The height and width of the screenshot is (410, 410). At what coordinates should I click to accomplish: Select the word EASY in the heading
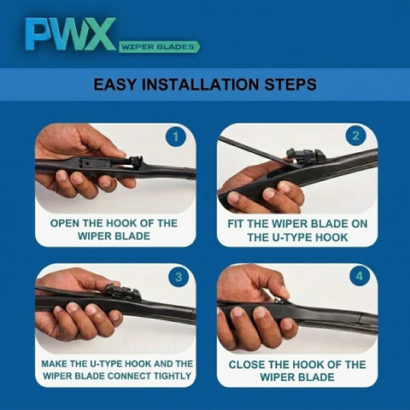click(115, 85)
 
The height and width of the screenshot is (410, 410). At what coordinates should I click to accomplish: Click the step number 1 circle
click(176, 137)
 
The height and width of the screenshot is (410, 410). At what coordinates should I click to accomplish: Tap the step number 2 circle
click(355, 136)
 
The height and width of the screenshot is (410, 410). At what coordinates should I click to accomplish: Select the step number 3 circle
click(179, 277)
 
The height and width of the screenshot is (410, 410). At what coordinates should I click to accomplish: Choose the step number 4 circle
click(360, 276)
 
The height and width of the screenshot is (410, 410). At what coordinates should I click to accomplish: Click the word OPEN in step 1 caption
click(65, 223)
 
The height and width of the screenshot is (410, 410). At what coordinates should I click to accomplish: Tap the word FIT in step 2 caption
click(236, 224)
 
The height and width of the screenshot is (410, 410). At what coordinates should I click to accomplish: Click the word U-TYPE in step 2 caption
click(293, 237)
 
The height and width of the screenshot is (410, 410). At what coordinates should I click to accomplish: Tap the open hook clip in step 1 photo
click(134, 163)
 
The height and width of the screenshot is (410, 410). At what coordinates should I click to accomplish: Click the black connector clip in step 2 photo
click(306, 156)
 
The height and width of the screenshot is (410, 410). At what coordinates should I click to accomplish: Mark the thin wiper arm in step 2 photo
click(254, 150)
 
